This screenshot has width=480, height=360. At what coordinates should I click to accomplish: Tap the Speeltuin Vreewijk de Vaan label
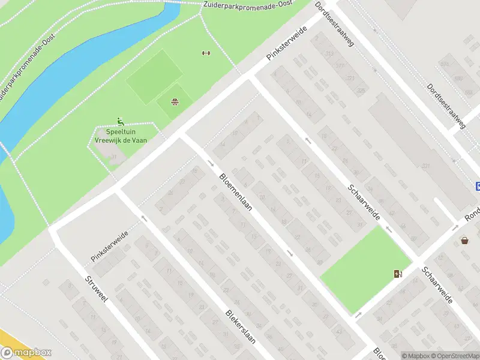click(x=121, y=136)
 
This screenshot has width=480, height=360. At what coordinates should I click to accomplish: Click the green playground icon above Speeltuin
click(x=120, y=121)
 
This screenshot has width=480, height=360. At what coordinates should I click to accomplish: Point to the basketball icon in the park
click(x=175, y=101)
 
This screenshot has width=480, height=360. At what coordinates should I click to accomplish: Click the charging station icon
click(x=398, y=274)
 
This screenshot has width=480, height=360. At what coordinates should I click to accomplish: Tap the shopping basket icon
click(x=465, y=241)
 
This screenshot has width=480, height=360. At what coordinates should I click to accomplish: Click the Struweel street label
click(x=96, y=290)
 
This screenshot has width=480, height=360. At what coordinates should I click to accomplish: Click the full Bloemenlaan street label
click(x=236, y=194)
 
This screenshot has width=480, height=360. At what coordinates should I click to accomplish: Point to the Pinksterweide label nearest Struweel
click(x=110, y=246)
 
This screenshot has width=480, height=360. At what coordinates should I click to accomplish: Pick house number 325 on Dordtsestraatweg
click(x=361, y=91)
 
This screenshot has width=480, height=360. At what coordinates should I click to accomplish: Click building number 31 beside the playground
click(x=113, y=157)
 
